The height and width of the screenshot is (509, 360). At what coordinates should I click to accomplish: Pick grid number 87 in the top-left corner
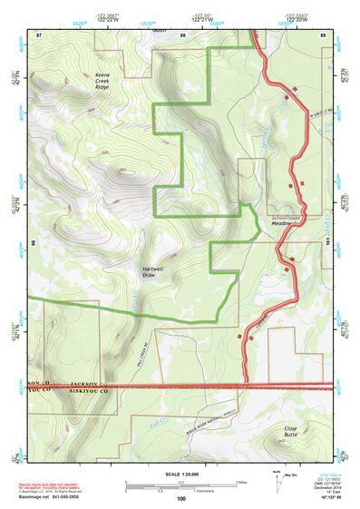[39, 34]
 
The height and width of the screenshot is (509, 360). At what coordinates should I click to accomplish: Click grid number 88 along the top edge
[182, 34]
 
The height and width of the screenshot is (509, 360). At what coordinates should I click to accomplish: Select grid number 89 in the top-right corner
[324, 34]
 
